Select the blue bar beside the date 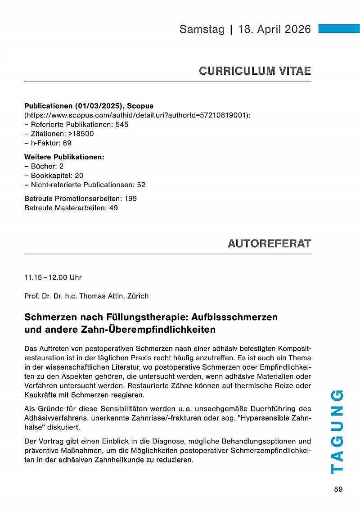pyautogui.click(x=338, y=28)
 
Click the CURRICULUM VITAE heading pyautogui.click(x=255, y=71)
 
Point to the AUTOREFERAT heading pyautogui.click(x=269, y=244)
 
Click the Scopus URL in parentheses pyautogui.click(x=137, y=115)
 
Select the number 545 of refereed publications pyautogui.click(x=122, y=124)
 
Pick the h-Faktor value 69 pyautogui.click(x=67, y=143)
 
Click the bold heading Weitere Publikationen pyautogui.click(x=64, y=157)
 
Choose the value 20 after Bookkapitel pyautogui.click(x=79, y=176)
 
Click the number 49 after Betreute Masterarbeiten pyautogui.click(x=113, y=208)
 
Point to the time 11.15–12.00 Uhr pyautogui.click(x=53, y=277)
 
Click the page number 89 pyautogui.click(x=338, y=490)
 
